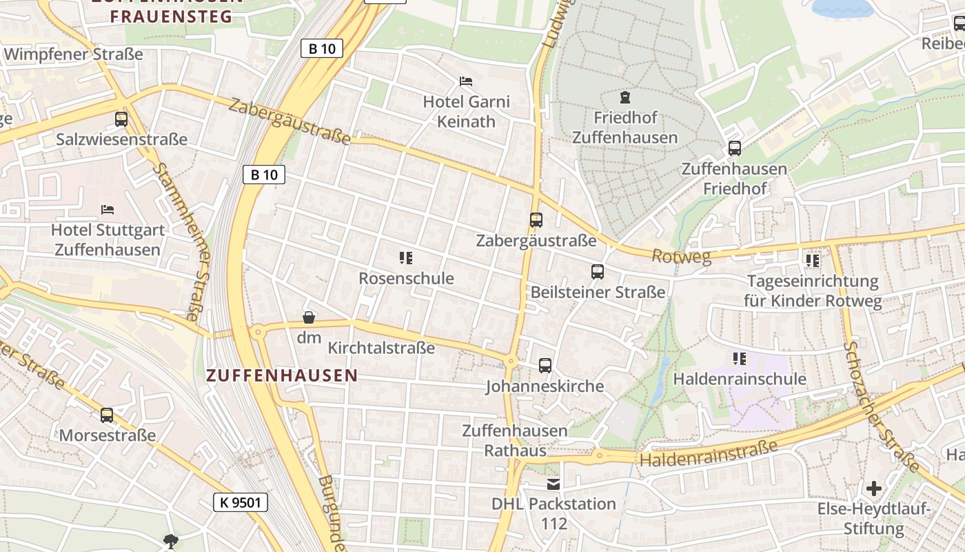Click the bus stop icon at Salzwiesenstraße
pos(121,119)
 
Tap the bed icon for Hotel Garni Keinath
pos(466,81)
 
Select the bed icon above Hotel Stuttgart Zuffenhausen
pos(107,209)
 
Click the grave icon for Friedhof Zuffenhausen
pos(625,97)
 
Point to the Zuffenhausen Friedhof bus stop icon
pos(734,148)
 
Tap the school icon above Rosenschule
pos(405,259)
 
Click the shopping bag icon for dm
pos(309,317)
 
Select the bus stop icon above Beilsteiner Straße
pos(598,272)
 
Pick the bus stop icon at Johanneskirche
pos(545,366)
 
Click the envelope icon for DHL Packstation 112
pos(553,484)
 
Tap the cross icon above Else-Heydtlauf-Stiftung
pos(873,489)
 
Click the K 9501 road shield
pos(240,502)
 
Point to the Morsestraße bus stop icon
pos(107,415)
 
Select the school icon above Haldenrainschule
pos(740,359)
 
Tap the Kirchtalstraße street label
pos(381,348)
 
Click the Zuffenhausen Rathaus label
pos(514,441)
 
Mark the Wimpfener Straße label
pos(73,54)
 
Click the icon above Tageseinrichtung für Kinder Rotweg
pos(812,261)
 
